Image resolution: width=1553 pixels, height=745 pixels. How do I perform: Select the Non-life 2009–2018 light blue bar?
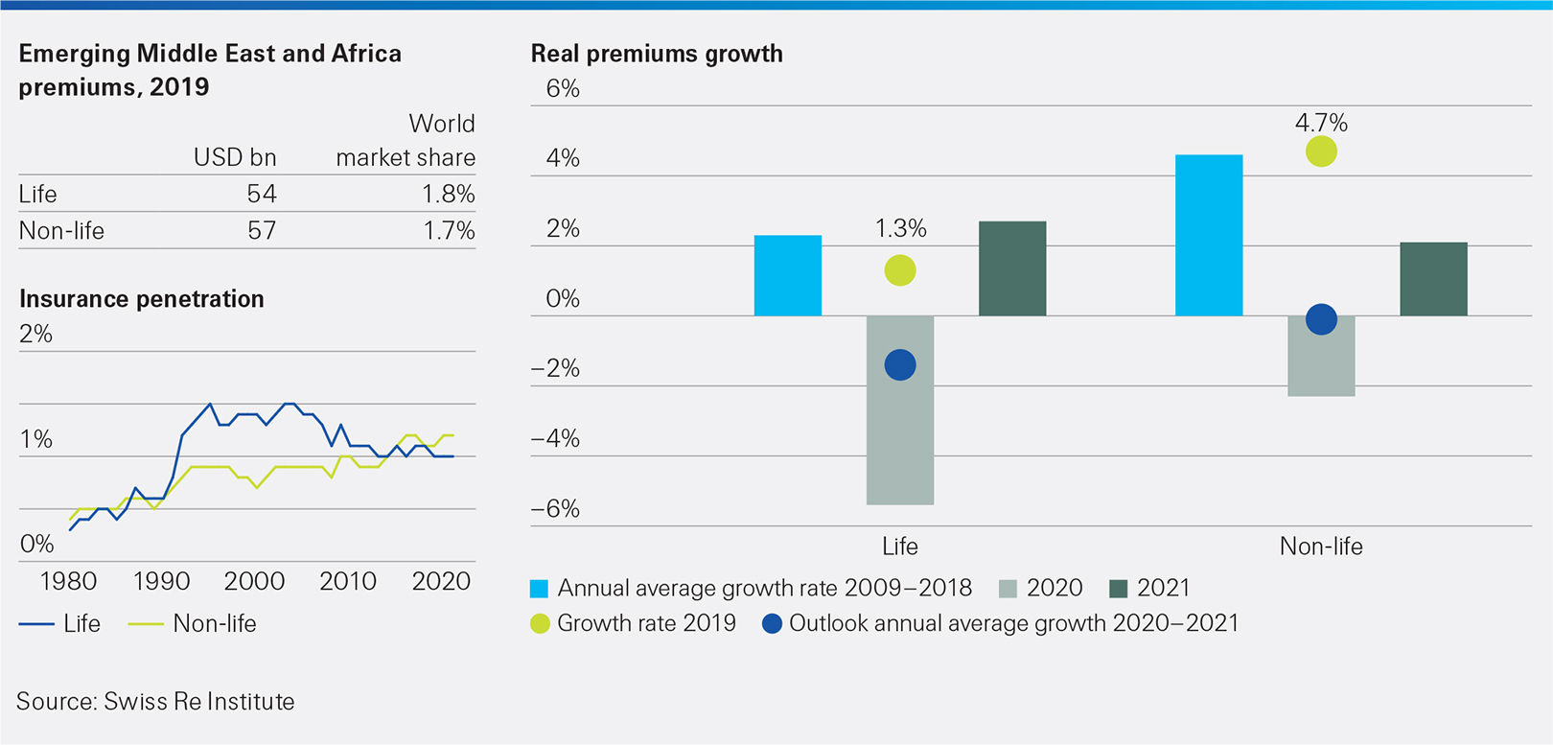click(x=1208, y=236)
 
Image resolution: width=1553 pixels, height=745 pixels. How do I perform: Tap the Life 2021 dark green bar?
click(x=1011, y=269)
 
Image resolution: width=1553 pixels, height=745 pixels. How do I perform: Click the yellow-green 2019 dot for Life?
click(x=899, y=270)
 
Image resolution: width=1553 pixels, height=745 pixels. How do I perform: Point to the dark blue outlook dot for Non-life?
click(x=1321, y=319)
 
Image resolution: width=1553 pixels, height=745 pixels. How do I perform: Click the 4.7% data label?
click(x=1321, y=123)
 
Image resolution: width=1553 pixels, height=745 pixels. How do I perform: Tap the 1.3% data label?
click(x=900, y=228)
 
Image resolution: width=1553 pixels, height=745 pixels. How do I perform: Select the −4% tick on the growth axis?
click(x=555, y=439)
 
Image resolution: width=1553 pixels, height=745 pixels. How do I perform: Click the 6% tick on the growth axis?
click(x=563, y=89)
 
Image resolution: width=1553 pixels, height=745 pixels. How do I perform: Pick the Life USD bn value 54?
click(x=261, y=194)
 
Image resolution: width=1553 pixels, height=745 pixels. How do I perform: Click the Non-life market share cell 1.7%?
click(x=449, y=230)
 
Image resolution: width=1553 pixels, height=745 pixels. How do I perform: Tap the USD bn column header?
click(x=235, y=157)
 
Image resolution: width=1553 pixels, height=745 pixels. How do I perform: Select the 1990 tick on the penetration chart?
click(x=161, y=581)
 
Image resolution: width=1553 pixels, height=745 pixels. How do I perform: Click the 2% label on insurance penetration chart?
click(x=35, y=334)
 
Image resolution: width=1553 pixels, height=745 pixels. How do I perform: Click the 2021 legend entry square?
click(x=1118, y=588)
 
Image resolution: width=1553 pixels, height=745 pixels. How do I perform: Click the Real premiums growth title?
click(x=657, y=54)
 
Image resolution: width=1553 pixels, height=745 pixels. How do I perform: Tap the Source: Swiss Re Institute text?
click(x=155, y=701)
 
